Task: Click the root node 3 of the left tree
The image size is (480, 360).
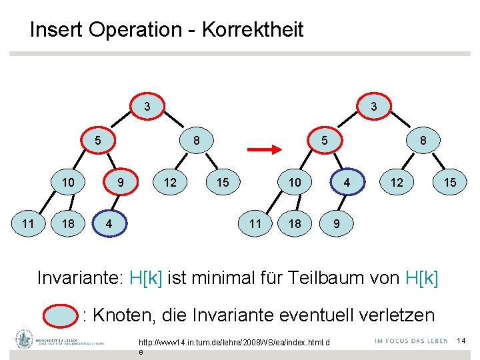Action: click(x=147, y=106)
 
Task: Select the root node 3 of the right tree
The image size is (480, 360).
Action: click(x=374, y=106)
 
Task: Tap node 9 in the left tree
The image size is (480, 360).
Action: click(x=120, y=182)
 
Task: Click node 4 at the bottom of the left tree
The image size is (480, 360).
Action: click(x=109, y=223)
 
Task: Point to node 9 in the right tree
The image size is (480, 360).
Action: click(x=336, y=223)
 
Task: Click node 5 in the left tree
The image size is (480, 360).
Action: click(x=97, y=141)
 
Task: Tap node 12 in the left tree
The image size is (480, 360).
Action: click(x=170, y=182)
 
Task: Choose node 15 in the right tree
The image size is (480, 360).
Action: click(x=450, y=182)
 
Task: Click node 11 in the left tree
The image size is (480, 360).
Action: click(x=27, y=223)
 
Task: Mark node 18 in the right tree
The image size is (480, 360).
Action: click(x=295, y=223)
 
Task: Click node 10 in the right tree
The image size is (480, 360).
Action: click(x=295, y=182)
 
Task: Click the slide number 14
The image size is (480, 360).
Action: click(x=460, y=341)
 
